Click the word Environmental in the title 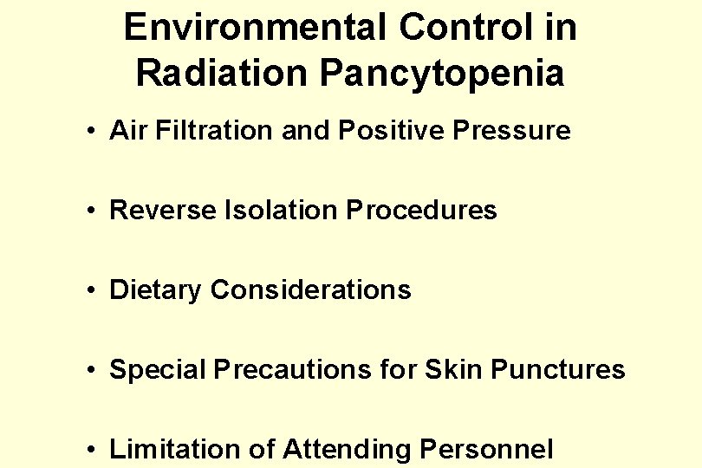[256, 28]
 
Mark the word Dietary [156, 290]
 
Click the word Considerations [310, 290]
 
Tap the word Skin [453, 370]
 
